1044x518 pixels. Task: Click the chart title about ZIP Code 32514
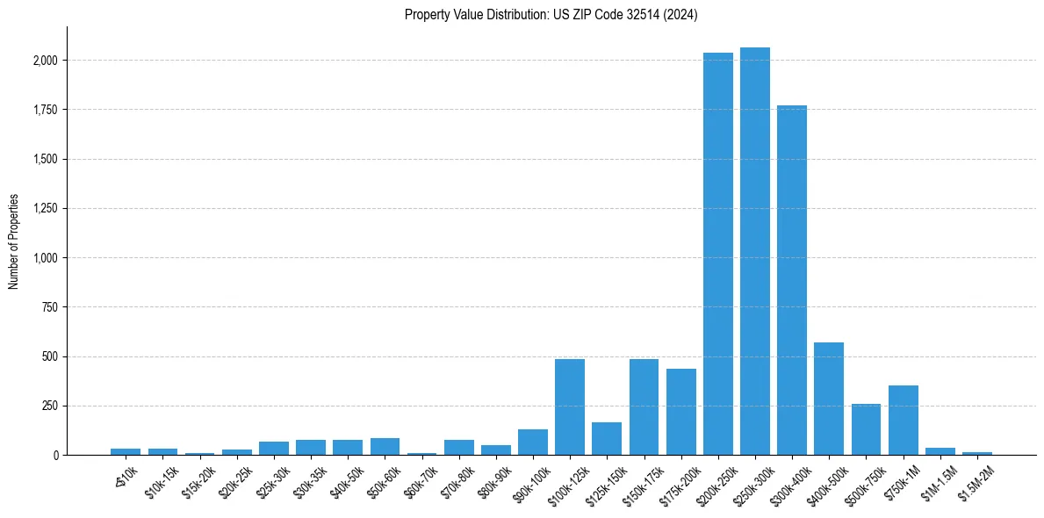point(551,14)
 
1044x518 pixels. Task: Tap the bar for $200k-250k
point(718,254)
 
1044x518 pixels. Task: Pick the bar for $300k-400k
point(792,280)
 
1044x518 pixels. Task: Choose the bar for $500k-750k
point(866,429)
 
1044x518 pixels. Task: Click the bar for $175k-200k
point(680,412)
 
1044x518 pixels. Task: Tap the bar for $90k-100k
point(533,442)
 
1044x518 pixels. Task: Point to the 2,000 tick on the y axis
point(46,61)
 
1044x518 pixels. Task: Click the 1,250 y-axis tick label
point(46,209)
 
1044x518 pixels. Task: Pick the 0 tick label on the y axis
point(55,456)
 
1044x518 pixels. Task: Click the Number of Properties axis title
point(14,241)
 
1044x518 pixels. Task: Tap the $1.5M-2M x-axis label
point(976,480)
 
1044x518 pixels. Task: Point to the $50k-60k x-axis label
point(385,479)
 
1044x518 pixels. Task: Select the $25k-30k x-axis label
point(273,479)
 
